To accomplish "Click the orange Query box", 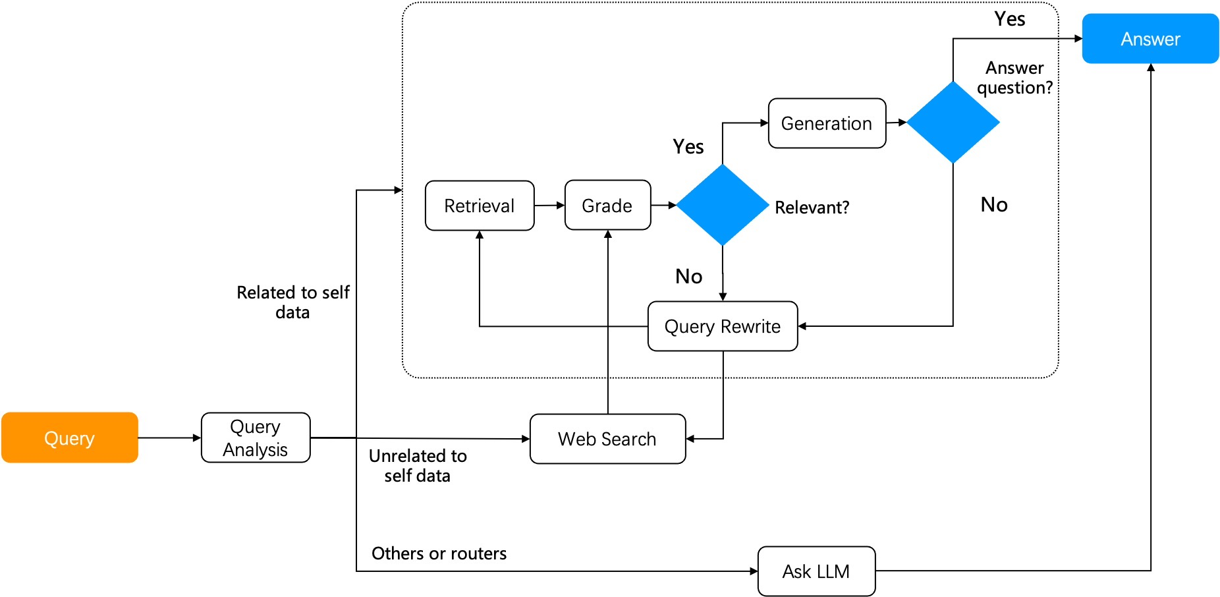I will coord(69,438).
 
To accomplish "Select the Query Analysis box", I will coord(256,438).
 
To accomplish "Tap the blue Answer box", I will coord(1150,39).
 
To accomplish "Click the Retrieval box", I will coord(480,206).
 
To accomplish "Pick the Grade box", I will coord(607,206).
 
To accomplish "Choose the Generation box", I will coord(827,123).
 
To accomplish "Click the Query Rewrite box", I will coord(723,326).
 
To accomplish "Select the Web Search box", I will coord(607,439).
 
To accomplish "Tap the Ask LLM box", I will coord(816,571).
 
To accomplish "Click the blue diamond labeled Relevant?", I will coord(723,205).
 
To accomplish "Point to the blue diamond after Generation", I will coord(953,122).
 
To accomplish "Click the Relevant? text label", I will coord(812,208).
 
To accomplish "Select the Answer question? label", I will coord(1014,78).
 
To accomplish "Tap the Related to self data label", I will coord(293,302).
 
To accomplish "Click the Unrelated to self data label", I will coord(418,465).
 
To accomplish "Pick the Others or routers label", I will coord(439,554).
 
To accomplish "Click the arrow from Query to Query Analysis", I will coord(169,438).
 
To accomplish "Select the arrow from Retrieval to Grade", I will coord(549,206).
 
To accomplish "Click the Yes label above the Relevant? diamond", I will coord(688,146).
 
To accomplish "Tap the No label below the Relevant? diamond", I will coord(689,276).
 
